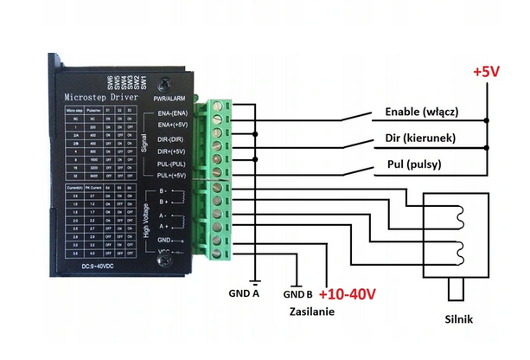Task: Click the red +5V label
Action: tap(485, 74)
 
